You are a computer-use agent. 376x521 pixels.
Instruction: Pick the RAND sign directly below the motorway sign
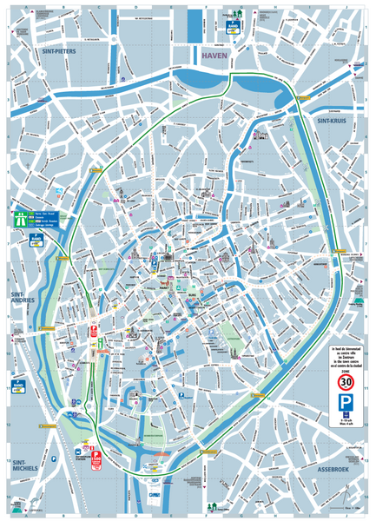coord(36,238)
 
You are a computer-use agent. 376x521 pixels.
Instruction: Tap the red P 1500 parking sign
coord(96,458)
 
